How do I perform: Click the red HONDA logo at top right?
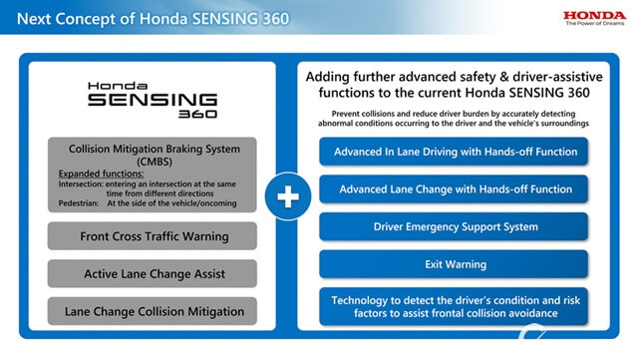(594, 15)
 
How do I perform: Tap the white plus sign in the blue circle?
(287, 195)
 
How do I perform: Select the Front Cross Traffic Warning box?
(154, 236)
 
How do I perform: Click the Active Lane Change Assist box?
(154, 273)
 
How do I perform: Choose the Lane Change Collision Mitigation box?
(154, 311)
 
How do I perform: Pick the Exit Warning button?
(455, 264)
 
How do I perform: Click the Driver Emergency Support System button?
(455, 226)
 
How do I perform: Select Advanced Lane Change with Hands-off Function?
(455, 188)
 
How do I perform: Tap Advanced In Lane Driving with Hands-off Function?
(455, 152)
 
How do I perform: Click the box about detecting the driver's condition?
(455, 306)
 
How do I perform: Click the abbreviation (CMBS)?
(154, 162)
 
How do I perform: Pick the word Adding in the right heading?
(330, 77)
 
